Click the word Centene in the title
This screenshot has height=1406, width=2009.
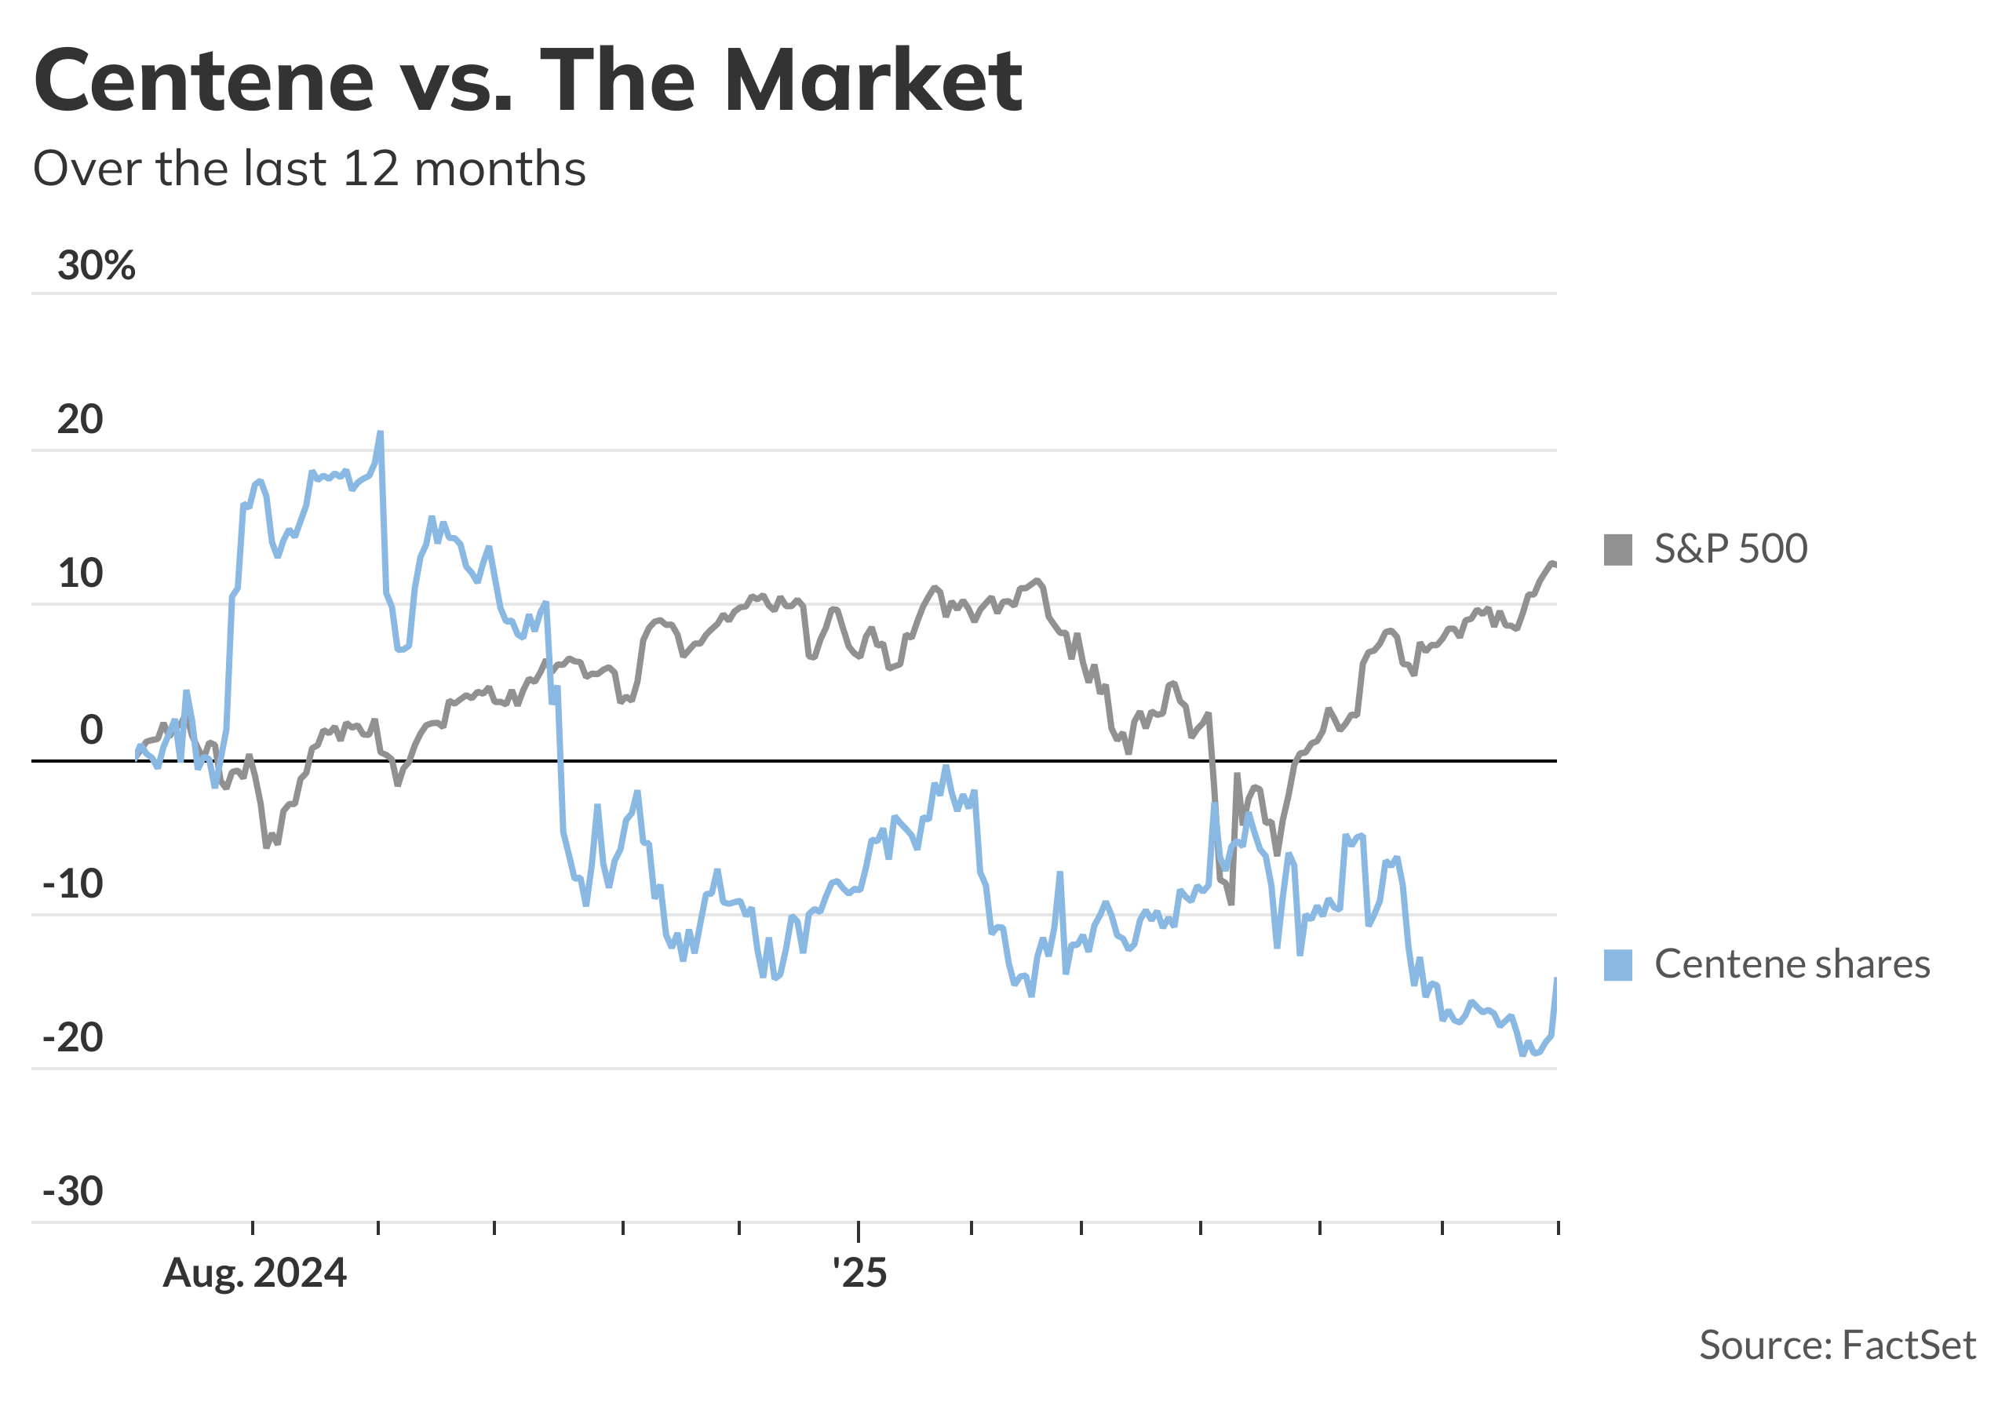204,81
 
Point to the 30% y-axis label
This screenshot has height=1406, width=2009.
97,265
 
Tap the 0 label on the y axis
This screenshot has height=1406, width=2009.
91,730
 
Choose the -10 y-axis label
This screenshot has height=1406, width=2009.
73,884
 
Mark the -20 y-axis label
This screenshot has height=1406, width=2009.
73,1039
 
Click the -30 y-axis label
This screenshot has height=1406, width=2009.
73,1192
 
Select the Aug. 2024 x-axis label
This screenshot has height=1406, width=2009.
254,1273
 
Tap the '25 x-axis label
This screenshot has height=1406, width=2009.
859,1273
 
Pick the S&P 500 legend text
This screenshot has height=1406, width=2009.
1730,548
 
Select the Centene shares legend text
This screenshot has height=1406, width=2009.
1791,964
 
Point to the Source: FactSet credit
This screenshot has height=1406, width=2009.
1836,1345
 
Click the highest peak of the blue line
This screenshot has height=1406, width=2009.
380,433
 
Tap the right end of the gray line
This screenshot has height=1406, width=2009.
1555,564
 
